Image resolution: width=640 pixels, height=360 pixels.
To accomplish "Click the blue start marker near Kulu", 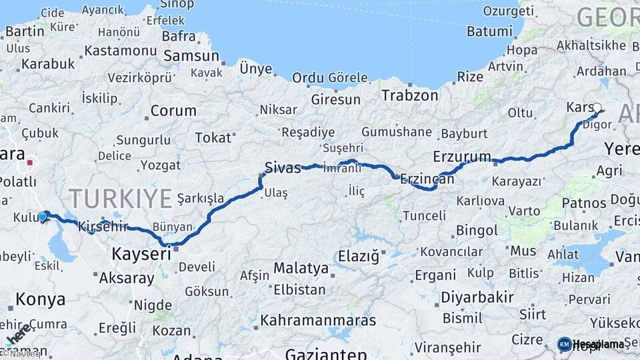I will click(43, 216).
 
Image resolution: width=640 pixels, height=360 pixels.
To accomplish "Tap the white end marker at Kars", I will click(597, 107).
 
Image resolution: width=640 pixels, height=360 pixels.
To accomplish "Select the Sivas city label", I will click(283, 167).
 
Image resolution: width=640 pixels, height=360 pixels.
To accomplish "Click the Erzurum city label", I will click(461, 157).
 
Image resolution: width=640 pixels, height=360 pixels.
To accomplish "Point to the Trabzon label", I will click(410, 95).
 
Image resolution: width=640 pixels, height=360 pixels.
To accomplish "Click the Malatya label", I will click(301, 269).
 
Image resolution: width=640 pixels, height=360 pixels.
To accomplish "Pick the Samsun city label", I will click(191, 57).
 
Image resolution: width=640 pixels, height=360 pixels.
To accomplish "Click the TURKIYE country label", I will click(121, 198).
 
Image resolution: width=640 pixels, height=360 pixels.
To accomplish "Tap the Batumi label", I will click(489, 31).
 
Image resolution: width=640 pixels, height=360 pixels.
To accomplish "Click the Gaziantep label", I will click(326, 354).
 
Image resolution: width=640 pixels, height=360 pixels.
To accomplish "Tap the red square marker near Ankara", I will click(30, 161).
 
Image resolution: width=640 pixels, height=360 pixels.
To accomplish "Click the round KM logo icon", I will click(564, 344).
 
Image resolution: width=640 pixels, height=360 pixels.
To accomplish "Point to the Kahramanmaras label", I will click(318, 320).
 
